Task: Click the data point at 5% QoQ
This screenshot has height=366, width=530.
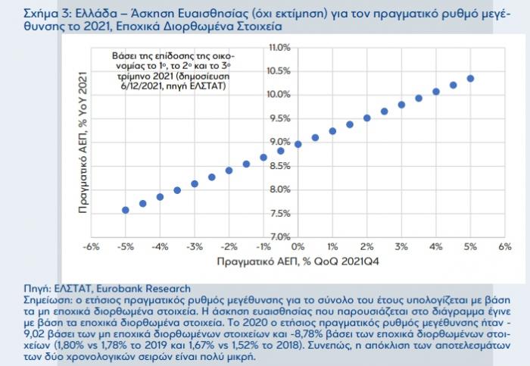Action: (470, 79)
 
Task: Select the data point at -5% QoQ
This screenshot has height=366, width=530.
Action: (126, 210)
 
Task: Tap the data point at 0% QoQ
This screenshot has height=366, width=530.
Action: (298, 144)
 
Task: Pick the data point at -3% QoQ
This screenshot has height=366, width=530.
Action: (195, 183)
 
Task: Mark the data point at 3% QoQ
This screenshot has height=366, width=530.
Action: (401, 105)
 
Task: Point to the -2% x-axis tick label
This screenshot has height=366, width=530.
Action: (229, 248)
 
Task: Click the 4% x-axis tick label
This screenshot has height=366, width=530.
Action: (435, 248)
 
